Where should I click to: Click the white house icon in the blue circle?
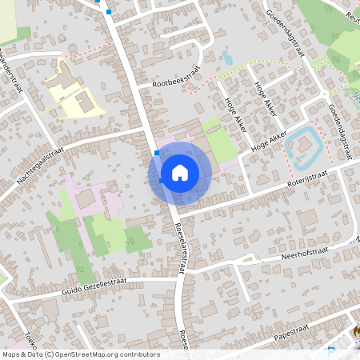(x=180, y=172)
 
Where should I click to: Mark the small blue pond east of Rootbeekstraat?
(x=228, y=58)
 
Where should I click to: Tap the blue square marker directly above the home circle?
(x=156, y=152)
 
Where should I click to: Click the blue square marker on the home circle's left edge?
(x=161, y=181)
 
